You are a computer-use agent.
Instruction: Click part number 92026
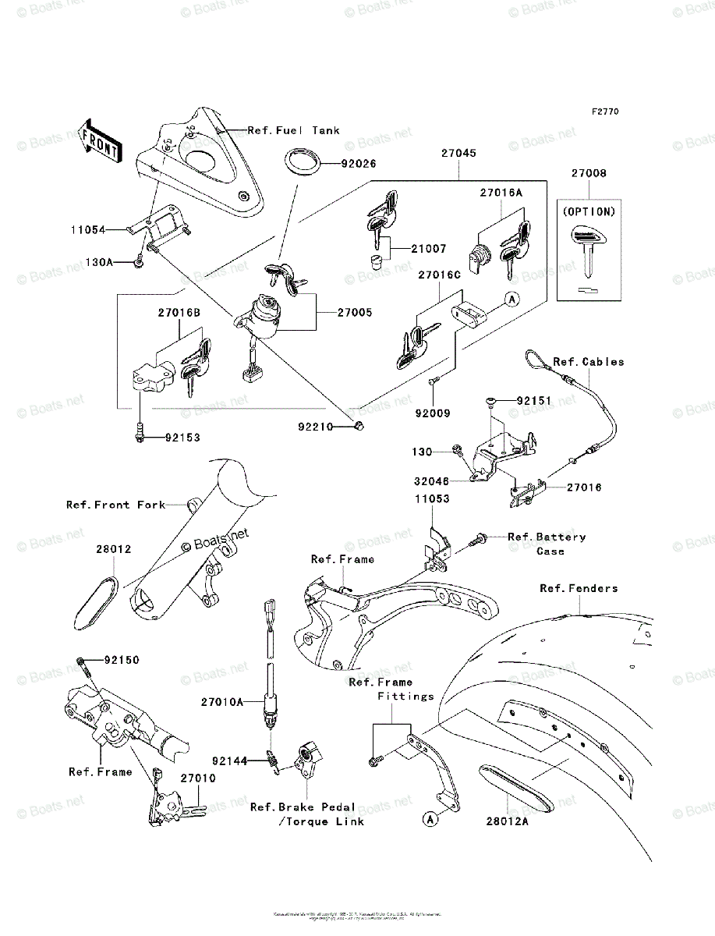(357, 164)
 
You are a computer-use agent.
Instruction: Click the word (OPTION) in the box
(588, 211)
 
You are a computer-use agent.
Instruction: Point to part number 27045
(458, 154)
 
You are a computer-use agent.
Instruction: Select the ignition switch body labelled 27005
(265, 314)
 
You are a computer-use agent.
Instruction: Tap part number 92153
(182, 438)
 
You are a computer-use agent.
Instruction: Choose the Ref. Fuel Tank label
(293, 131)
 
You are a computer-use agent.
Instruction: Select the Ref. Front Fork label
(115, 505)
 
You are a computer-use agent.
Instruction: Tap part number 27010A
(221, 703)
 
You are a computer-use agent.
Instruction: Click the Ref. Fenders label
(579, 588)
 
